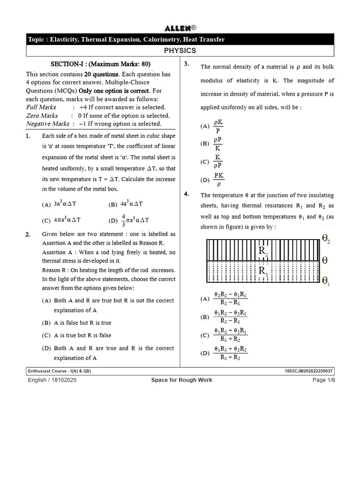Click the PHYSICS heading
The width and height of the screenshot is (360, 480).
180,51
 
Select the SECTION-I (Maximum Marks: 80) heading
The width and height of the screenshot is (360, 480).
100,65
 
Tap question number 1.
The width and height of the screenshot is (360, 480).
29,136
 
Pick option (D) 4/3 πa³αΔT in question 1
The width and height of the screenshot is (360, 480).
129,219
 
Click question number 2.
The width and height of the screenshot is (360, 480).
29,234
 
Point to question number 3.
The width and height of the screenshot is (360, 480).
187,64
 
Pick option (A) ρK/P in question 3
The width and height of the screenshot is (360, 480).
213,126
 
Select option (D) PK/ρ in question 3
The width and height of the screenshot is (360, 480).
213,180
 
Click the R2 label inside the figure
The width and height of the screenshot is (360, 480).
263,251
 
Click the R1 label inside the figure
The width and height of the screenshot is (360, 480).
263,271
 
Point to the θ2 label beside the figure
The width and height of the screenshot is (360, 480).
326,239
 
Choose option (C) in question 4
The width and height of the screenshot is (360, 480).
225,335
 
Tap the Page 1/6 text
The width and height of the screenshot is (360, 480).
324,380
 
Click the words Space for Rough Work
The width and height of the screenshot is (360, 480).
181,380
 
